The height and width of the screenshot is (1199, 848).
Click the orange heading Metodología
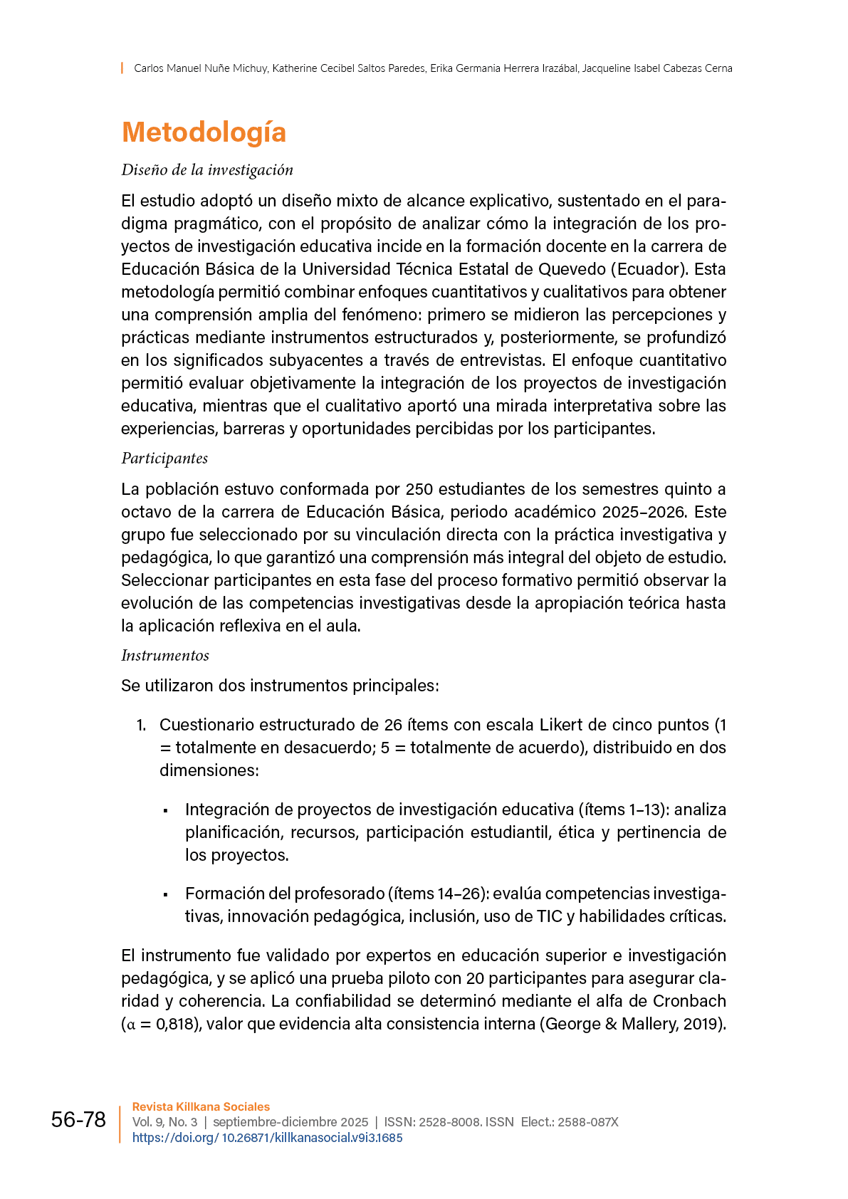[x=204, y=132]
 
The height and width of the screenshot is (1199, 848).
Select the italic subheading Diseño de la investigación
[x=207, y=170]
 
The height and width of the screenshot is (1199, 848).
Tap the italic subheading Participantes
[x=164, y=459]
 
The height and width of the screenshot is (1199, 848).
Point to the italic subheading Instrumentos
[x=165, y=656]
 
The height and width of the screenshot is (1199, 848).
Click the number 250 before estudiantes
[x=419, y=489]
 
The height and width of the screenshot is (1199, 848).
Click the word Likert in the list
[x=561, y=725]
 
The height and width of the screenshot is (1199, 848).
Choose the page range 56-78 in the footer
[x=78, y=1120]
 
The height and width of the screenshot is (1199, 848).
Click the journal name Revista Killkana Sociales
[x=201, y=1107]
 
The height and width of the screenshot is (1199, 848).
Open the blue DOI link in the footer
[x=268, y=1138]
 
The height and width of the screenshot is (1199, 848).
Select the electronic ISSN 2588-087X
[x=587, y=1122]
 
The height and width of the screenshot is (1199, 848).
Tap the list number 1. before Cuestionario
[x=141, y=725]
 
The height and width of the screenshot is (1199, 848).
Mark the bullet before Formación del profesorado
[x=165, y=894]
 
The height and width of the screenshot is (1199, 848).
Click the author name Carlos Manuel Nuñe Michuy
[x=201, y=68]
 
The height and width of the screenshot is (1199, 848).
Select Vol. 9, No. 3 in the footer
[x=164, y=1122]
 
